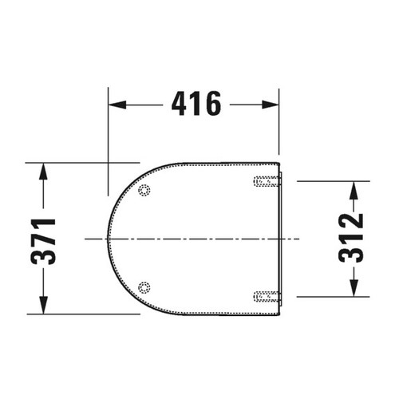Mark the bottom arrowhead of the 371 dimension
[44, 310]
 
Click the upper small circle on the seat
[144, 191]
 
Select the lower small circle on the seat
[144, 287]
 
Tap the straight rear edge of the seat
[282, 239]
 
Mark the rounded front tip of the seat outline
[109, 239]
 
